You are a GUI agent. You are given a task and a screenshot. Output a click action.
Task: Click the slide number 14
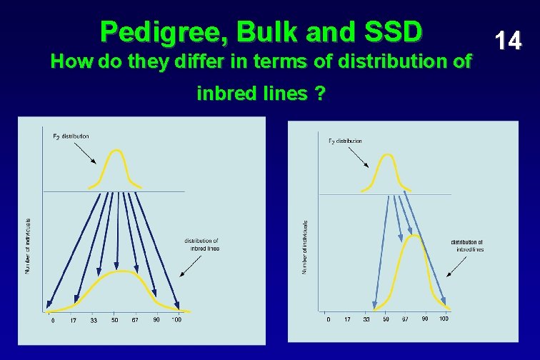(509, 41)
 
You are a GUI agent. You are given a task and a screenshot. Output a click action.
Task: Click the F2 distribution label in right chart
(345, 141)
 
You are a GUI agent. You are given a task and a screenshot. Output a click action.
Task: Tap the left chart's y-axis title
(28, 245)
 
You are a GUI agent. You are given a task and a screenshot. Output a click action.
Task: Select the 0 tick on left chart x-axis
(52, 320)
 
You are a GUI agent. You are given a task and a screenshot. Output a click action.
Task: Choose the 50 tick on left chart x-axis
(114, 320)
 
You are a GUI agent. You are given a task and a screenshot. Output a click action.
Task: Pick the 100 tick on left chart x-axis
(176, 320)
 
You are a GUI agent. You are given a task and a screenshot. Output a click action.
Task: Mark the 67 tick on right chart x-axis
(405, 319)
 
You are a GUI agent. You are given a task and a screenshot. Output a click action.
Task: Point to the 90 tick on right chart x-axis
(424, 319)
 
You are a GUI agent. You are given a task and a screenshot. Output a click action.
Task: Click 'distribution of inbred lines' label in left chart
(201, 244)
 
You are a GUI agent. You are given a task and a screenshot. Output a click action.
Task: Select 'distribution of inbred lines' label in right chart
(466, 246)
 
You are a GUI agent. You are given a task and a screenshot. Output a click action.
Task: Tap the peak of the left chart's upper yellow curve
(116, 150)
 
